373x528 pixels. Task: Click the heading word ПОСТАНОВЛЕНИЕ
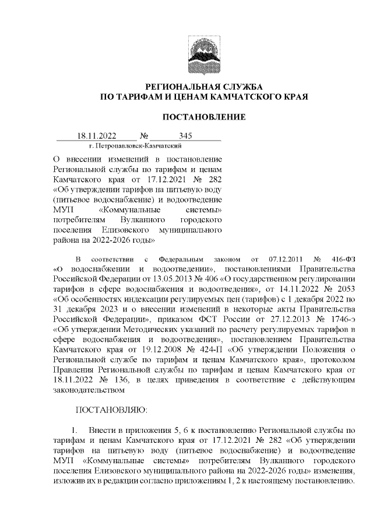click(x=203, y=117)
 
